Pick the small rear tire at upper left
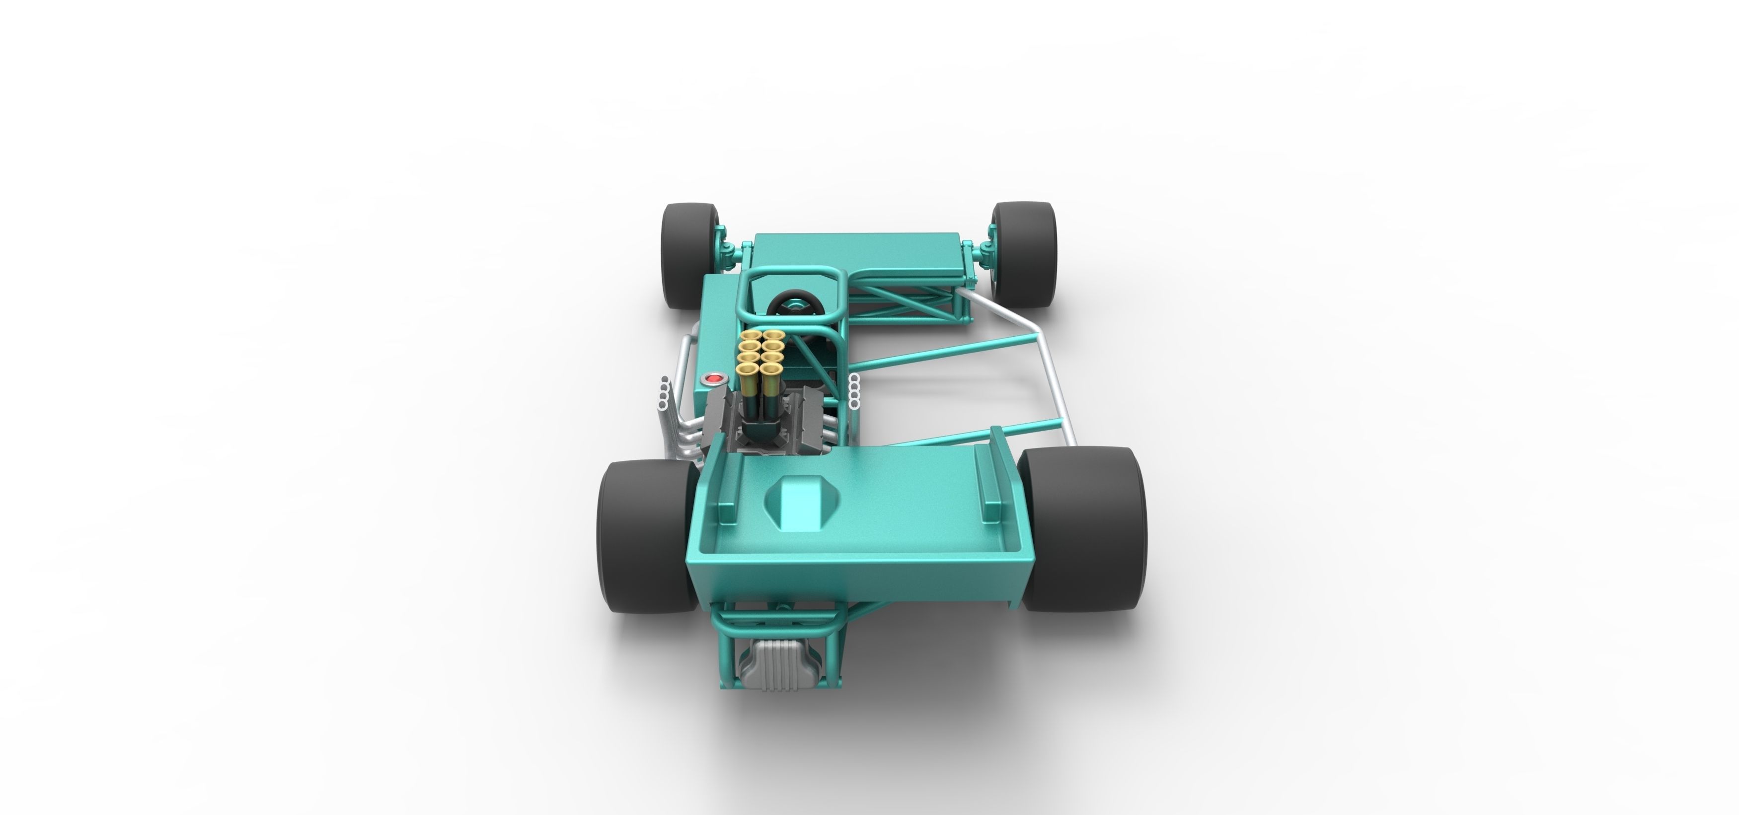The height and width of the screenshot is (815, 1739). tap(690, 255)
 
